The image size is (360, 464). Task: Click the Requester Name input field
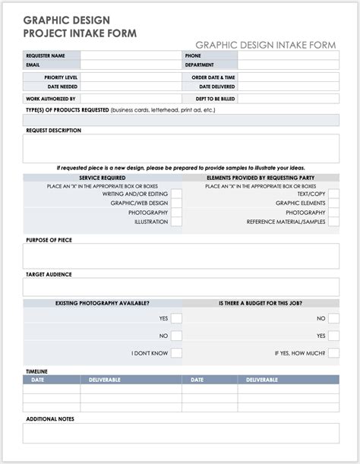[130, 55]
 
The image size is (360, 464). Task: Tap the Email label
[34, 65]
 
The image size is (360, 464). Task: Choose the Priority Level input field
[130, 77]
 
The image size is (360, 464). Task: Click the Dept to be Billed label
[216, 99]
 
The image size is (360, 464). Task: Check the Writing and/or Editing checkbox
[176, 194]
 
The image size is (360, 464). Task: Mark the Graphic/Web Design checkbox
[176, 204]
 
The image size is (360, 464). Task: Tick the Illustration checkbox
[176, 222]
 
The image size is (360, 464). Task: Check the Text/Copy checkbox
[333, 194]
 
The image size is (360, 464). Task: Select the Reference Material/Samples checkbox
[333, 222]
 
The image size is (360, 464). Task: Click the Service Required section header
[103, 178]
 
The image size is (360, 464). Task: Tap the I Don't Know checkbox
[176, 353]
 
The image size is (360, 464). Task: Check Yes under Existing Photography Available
[176, 318]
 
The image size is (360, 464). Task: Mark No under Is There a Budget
[333, 318]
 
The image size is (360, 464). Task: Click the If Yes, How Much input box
[333, 353]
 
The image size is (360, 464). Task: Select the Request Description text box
[181, 148]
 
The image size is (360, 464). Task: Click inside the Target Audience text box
[181, 287]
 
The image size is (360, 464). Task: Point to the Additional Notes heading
[50, 418]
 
